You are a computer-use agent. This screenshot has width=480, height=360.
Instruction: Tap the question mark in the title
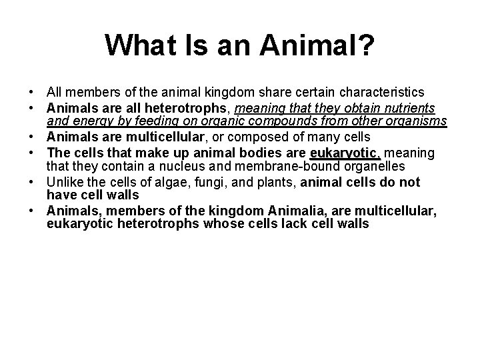tap(367, 45)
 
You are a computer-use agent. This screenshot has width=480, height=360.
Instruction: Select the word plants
tap(254, 182)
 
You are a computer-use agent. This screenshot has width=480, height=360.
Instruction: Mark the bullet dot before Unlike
tap(31, 182)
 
